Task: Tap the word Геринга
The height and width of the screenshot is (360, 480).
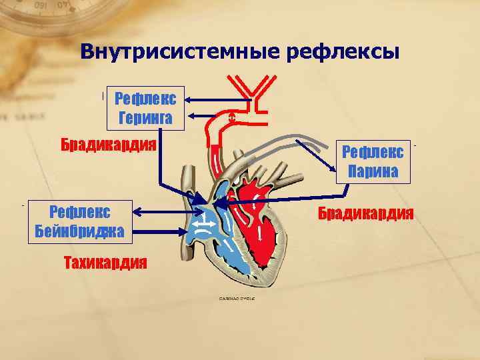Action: pyautogui.click(x=145, y=119)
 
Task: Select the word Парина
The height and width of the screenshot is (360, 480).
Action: pyautogui.click(x=373, y=172)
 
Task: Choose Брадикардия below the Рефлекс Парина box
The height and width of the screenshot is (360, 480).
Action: pyautogui.click(x=365, y=213)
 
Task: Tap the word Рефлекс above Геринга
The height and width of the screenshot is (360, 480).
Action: pyautogui.click(x=145, y=100)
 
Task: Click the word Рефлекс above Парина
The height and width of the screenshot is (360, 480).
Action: pyautogui.click(x=373, y=152)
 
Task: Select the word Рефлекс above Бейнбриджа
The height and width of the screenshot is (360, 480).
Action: pyautogui.click(x=80, y=213)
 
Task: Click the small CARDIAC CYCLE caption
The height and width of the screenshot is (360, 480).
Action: pyautogui.click(x=237, y=298)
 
